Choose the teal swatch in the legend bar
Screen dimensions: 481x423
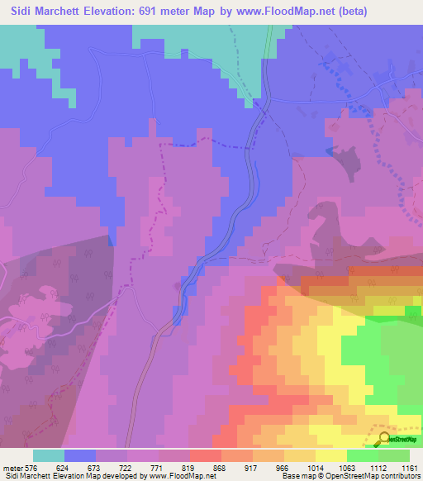tap(49, 455)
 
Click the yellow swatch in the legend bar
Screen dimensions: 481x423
tap(331, 455)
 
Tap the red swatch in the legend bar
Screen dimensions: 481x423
tap(206, 455)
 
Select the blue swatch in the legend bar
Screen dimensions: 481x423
tap(80, 455)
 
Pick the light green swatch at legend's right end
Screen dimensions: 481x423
tap(394, 455)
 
